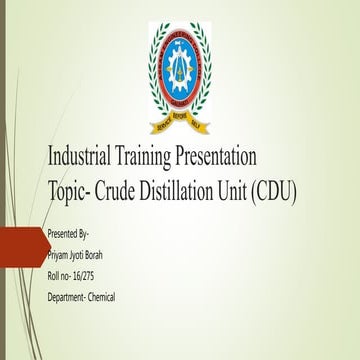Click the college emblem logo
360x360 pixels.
tap(178, 74)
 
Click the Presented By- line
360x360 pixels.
tap(69, 233)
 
